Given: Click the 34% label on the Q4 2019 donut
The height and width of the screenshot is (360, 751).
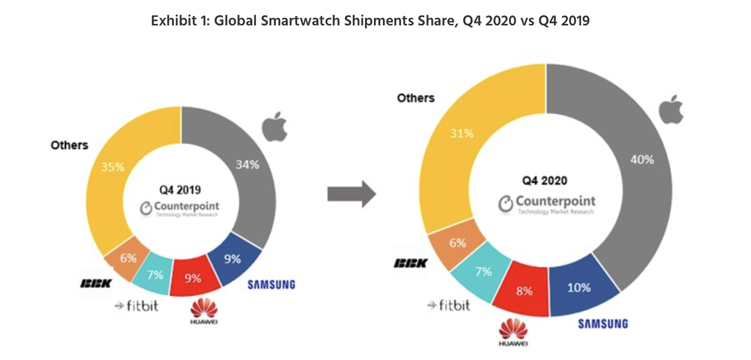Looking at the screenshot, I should [247, 165].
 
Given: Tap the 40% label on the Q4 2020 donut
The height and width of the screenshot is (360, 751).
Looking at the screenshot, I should [642, 160].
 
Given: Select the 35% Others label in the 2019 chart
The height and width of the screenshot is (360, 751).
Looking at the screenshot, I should [113, 167].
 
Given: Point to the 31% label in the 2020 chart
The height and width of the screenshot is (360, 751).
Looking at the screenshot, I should [462, 134].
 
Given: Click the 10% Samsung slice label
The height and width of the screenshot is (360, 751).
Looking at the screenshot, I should [579, 288].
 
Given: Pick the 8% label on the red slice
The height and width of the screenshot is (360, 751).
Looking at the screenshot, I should [524, 291].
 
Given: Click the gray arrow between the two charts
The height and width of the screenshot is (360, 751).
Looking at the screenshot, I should [352, 193].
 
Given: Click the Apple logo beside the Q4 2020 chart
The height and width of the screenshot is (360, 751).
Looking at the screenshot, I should [671, 110].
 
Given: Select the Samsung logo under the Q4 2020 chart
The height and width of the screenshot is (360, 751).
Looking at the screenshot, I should [603, 324].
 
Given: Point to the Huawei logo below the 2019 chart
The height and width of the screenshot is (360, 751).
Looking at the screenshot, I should [204, 311].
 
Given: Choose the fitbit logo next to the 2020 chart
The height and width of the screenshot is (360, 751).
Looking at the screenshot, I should [449, 306].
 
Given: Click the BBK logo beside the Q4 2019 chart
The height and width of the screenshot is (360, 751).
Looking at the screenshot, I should [96, 283].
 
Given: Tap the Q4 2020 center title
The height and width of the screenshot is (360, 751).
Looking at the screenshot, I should [544, 181].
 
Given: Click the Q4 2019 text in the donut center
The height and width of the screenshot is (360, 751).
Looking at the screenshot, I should [180, 190].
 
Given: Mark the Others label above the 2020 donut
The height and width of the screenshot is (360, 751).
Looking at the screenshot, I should [415, 98].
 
